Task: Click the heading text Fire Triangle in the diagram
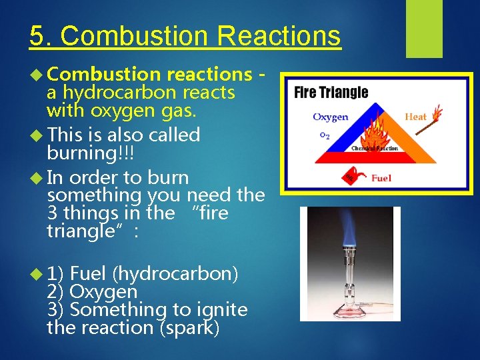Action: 331,92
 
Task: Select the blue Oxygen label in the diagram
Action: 330,117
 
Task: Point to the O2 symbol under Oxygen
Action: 325,135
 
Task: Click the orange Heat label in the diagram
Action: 415,117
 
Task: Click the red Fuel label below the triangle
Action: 381,178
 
